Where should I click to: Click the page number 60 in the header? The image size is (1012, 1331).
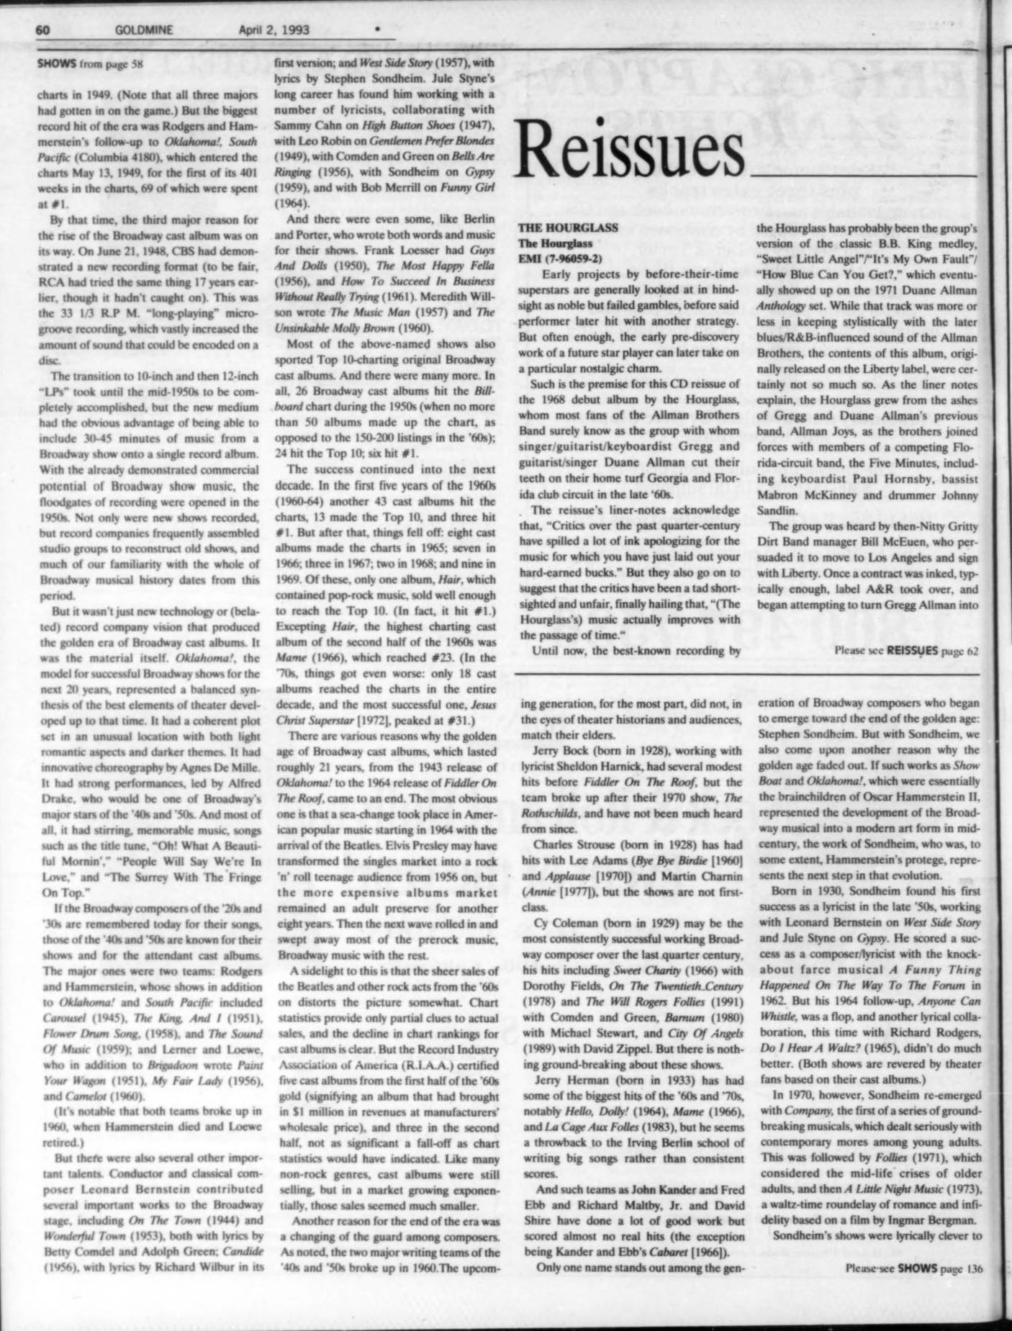click(42, 30)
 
